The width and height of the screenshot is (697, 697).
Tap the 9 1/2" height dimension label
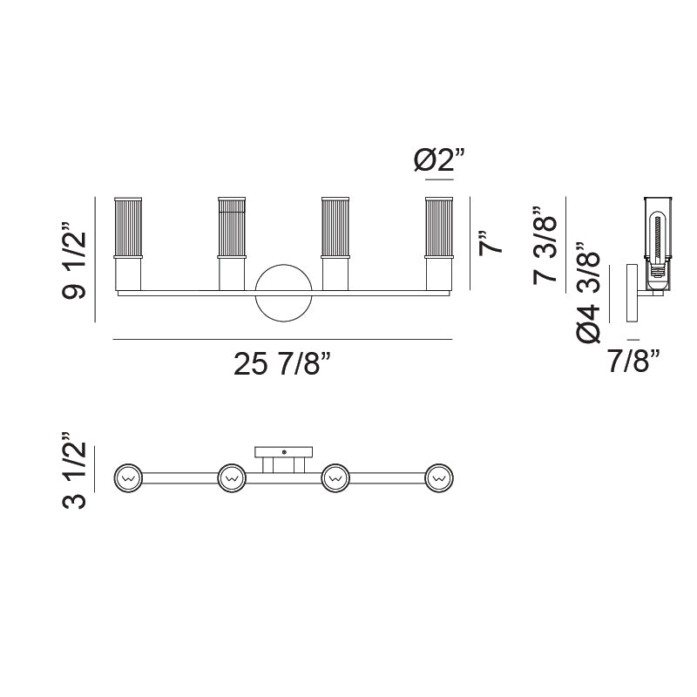tap(76, 261)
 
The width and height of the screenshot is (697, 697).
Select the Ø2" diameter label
tap(439, 161)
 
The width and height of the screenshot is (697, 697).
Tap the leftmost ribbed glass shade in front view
tap(128, 228)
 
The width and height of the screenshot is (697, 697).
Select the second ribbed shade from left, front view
tap(232, 228)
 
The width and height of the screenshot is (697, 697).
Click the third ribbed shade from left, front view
tap(335, 228)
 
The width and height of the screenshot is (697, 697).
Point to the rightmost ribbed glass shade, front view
tap(439, 228)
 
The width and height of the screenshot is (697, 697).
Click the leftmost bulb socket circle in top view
tap(129, 477)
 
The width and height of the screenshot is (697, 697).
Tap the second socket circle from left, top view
tap(232, 477)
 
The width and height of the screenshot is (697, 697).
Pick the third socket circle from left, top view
tap(335, 477)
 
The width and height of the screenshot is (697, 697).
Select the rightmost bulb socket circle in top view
tap(439, 477)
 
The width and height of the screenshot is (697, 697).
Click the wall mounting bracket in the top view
tap(283, 453)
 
